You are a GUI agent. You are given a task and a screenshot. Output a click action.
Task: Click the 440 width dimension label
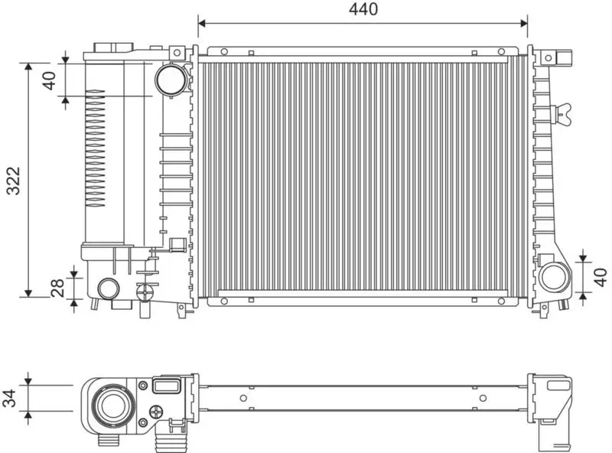pos(363,9)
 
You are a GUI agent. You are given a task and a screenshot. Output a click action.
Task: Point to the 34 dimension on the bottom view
pos(11,398)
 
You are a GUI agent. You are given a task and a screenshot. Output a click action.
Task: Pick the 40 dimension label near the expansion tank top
pos(49,80)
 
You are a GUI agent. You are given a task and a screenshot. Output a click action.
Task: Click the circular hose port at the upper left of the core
pos(169,79)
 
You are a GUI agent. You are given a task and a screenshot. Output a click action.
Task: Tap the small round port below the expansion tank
pos(108,289)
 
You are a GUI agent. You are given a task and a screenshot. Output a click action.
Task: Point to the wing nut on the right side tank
pos(566,112)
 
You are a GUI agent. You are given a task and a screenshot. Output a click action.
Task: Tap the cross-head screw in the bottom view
pos(158,412)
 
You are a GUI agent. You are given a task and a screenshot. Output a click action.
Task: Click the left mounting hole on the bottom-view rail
pos(243,397)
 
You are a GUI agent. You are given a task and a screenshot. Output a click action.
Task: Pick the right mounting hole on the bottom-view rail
pos(482,397)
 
